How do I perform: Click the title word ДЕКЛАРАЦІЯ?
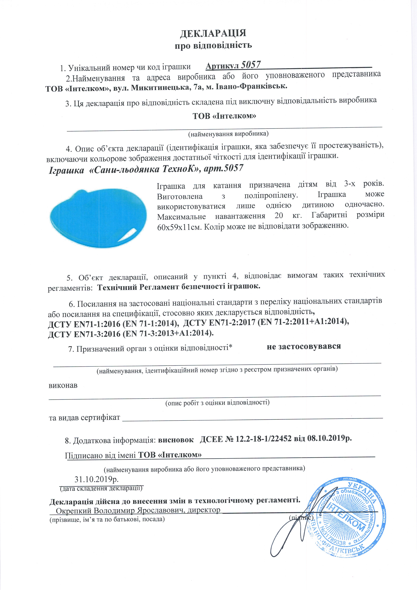point(213,33)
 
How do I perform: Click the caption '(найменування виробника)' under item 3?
point(228,134)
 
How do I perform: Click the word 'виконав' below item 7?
point(63,385)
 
